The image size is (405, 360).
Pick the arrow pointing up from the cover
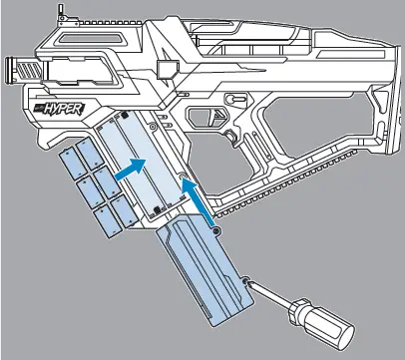199,204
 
